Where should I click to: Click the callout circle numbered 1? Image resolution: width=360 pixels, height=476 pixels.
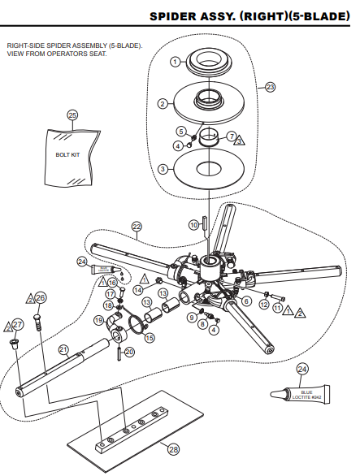click(175, 62)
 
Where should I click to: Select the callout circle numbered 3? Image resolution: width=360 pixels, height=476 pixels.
click(163, 168)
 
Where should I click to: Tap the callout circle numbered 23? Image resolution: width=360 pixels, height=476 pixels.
click(269, 86)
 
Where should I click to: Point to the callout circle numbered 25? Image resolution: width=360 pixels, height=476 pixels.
click(72, 115)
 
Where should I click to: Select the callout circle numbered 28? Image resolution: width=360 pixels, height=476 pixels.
click(172, 448)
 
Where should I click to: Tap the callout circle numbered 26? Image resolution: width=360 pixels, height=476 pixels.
click(41, 297)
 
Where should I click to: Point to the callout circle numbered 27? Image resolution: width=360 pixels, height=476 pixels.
click(19, 325)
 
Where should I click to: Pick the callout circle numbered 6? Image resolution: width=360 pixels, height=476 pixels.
click(246, 301)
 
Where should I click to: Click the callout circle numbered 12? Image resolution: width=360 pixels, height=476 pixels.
click(264, 304)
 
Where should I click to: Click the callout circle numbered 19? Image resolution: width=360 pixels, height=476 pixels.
click(98, 321)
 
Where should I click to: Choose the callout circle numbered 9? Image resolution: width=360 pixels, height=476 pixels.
click(192, 317)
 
